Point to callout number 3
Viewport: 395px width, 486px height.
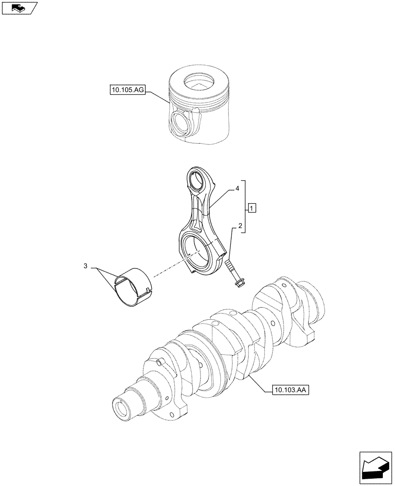click(x=86, y=266)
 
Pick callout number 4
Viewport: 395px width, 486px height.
click(x=237, y=187)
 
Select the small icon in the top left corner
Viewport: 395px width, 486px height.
click(x=19, y=7)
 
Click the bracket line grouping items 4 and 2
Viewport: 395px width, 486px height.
click(x=245, y=207)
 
